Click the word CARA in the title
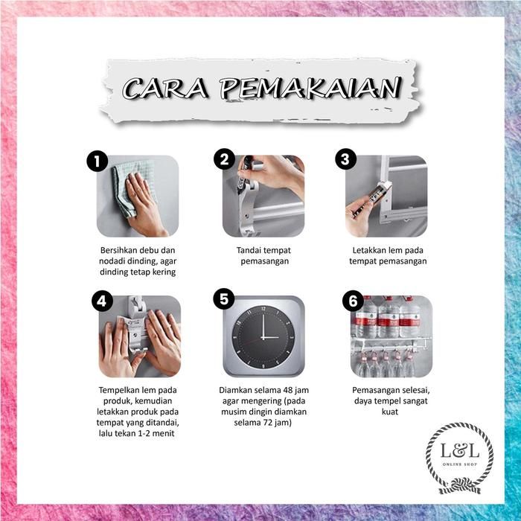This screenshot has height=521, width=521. click(165, 88)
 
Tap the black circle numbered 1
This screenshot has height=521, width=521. click(98, 162)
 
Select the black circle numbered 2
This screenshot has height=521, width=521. click(224, 159)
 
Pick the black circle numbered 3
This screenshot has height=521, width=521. click(345, 159)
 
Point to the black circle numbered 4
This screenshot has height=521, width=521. click(102, 301)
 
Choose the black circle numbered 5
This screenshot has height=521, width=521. click(224, 298)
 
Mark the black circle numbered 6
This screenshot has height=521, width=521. click(354, 301)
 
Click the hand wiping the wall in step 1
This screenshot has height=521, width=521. click(144, 202)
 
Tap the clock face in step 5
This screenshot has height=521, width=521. click(263, 337)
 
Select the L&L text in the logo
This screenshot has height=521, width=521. click(460, 451)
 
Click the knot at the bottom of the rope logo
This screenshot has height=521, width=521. click(461, 485)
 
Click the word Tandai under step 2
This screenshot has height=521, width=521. click(248, 250)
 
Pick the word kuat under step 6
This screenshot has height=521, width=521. click(390, 412)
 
